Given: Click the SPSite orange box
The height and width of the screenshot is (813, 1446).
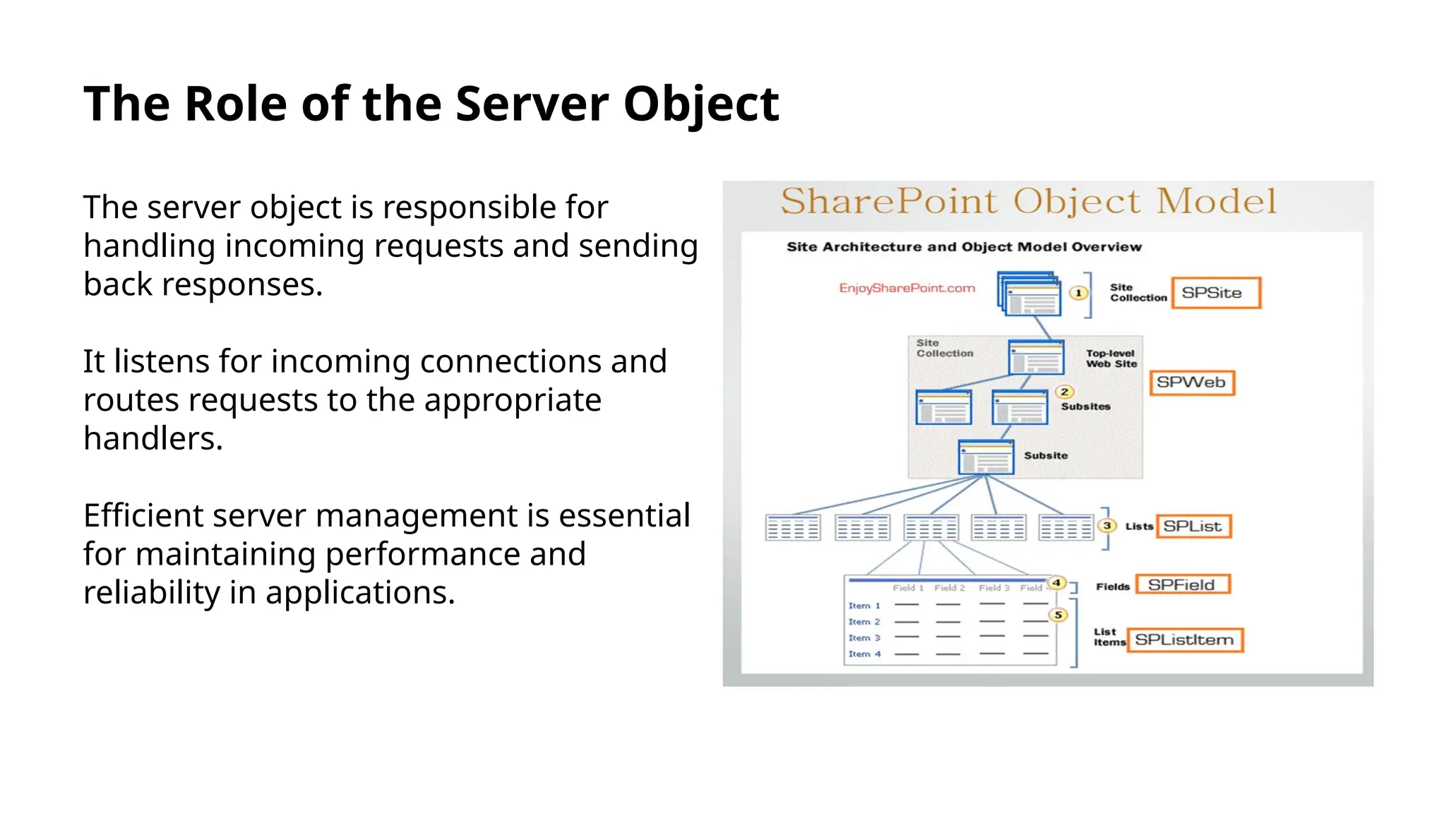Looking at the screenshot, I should [1216, 293].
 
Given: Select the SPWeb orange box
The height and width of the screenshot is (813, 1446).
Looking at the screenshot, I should [1192, 383].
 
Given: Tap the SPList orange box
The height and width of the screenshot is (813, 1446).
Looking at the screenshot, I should [1193, 526].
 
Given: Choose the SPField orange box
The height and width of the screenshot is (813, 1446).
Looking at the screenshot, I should [1183, 585].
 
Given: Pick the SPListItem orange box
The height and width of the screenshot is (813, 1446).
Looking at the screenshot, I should [1185, 640].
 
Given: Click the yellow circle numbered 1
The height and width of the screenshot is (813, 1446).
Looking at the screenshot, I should [1078, 293].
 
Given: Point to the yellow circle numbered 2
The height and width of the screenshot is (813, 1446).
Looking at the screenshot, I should [1064, 392].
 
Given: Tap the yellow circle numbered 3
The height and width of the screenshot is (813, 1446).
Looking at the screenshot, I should [1107, 526].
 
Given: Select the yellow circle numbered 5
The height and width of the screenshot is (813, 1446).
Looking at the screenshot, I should [1058, 615].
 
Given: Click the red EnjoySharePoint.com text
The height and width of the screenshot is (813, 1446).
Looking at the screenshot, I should [907, 288].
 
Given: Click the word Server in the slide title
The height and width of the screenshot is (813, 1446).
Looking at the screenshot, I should [531, 104].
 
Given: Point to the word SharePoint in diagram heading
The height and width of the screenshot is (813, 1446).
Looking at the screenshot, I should [888, 201].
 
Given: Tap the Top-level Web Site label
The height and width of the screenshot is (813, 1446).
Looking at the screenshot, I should [1111, 359].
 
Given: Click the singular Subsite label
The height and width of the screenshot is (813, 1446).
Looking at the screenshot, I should [1046, 456].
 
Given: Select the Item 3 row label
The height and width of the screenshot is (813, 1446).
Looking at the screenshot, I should [864, 638].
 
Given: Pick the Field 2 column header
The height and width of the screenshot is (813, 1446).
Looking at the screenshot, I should [949, 588].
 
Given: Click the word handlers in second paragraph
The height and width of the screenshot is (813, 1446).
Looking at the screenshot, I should [153, 438].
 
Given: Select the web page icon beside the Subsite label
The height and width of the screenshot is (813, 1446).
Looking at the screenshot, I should [986, 457].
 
